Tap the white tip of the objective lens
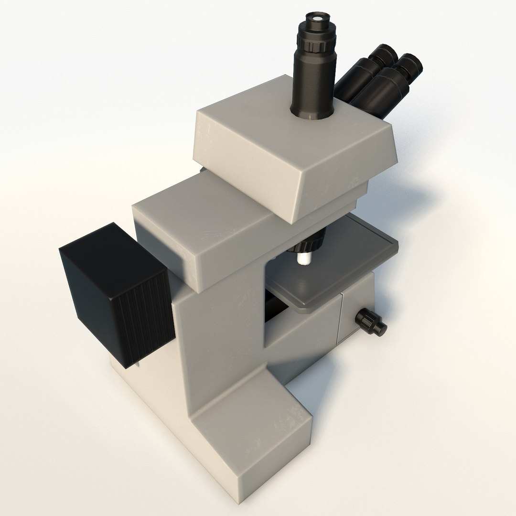coord(303,258)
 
